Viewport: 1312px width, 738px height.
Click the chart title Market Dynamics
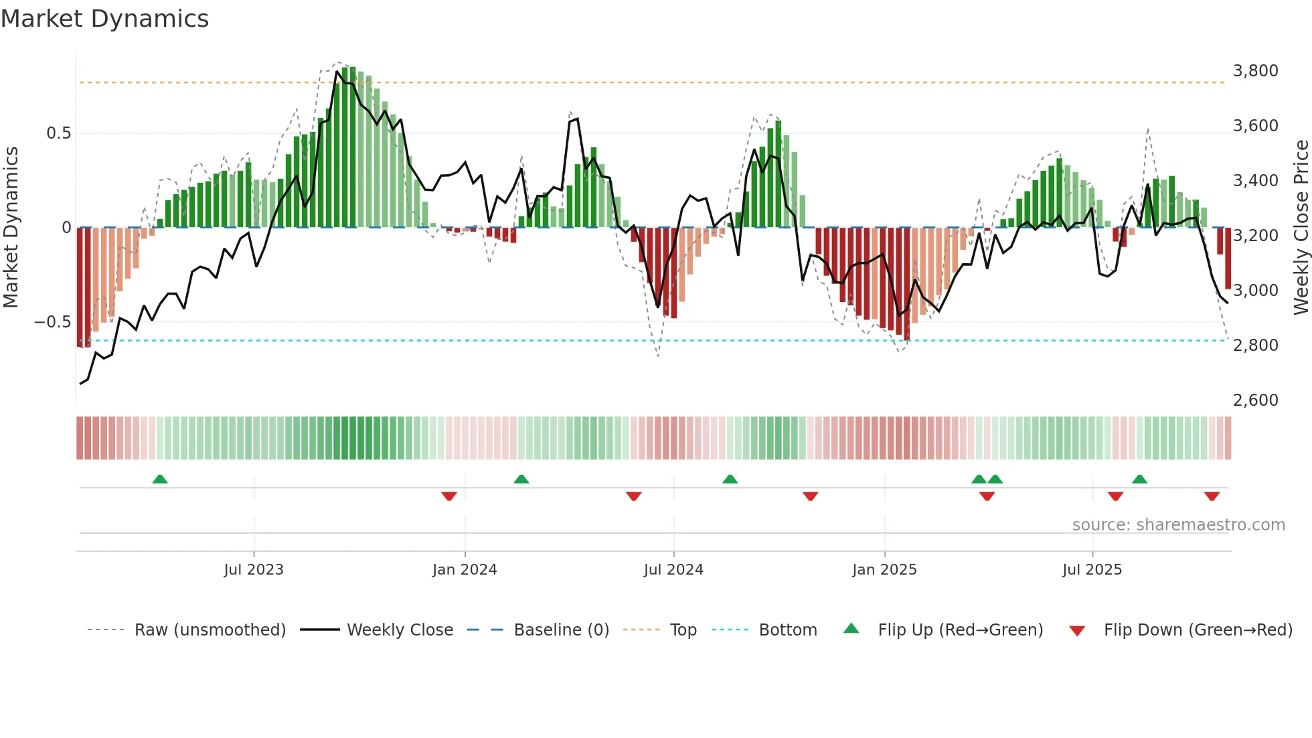[x=105, y=19]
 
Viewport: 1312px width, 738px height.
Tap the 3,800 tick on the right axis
[x=1255, y=71]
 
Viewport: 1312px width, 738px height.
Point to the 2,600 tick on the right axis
[x=1255, y=400]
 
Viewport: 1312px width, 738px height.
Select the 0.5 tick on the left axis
[x=58, y=133]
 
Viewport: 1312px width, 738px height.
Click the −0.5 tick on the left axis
[x=52, y=322]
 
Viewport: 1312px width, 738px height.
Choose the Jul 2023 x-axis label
[x=254, y=570]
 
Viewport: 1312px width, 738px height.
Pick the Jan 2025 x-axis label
[x=884, y=570]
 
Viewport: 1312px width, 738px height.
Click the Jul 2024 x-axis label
[x=673, y=570]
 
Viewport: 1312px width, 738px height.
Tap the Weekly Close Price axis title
[x=1301, y=228]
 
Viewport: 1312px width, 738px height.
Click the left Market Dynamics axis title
[x=11, y=228]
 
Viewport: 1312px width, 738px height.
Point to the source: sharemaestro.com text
[x=1178, y=525]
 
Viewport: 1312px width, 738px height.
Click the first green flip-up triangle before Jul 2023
[x=160, y=479]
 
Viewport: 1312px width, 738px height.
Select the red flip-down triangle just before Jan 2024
[x=449, y=496]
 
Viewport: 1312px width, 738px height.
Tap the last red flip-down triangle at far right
[x=1212, y=496]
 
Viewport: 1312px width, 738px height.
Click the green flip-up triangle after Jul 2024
[x=730, y=479]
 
